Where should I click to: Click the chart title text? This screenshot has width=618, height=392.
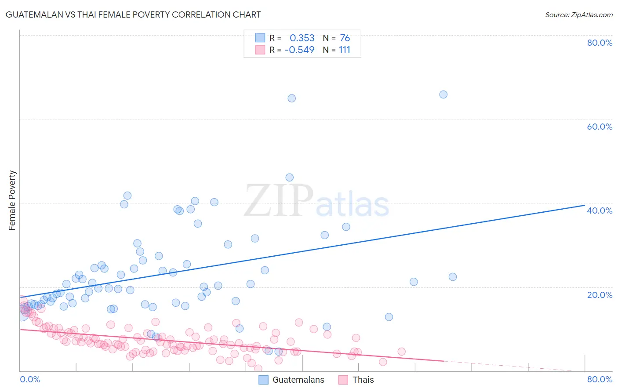tap(133, 15)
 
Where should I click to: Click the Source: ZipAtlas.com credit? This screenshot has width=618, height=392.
tap(578, 15)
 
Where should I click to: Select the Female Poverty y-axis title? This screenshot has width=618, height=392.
tap(12, 200)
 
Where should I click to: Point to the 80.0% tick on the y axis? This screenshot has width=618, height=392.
tap(600, 43)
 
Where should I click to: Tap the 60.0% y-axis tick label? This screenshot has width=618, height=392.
tap(600, 127)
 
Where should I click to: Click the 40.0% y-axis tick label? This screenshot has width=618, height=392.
tap(600, 211)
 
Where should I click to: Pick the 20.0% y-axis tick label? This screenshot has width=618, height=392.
tap(600, 294)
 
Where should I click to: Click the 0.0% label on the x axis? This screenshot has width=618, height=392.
tap(30, 379)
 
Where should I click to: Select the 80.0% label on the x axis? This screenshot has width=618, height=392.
tap(600, 379)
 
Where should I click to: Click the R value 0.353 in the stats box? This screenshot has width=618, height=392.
tap(302, 38)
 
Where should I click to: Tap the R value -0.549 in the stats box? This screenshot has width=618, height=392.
tap(300, 50)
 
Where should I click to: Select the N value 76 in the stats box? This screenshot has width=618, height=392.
tap(345, 38)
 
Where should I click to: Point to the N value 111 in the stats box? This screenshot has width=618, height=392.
tap(345, 50)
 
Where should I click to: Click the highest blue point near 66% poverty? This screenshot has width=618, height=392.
tap(443, 94)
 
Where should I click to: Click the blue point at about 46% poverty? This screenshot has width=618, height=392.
tap(289, 178)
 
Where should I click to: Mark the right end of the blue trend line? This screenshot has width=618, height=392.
tap(585, 205)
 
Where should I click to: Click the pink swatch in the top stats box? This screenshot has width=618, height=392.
tap(260, 50)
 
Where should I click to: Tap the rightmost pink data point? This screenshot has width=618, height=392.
tap(401, 352)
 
